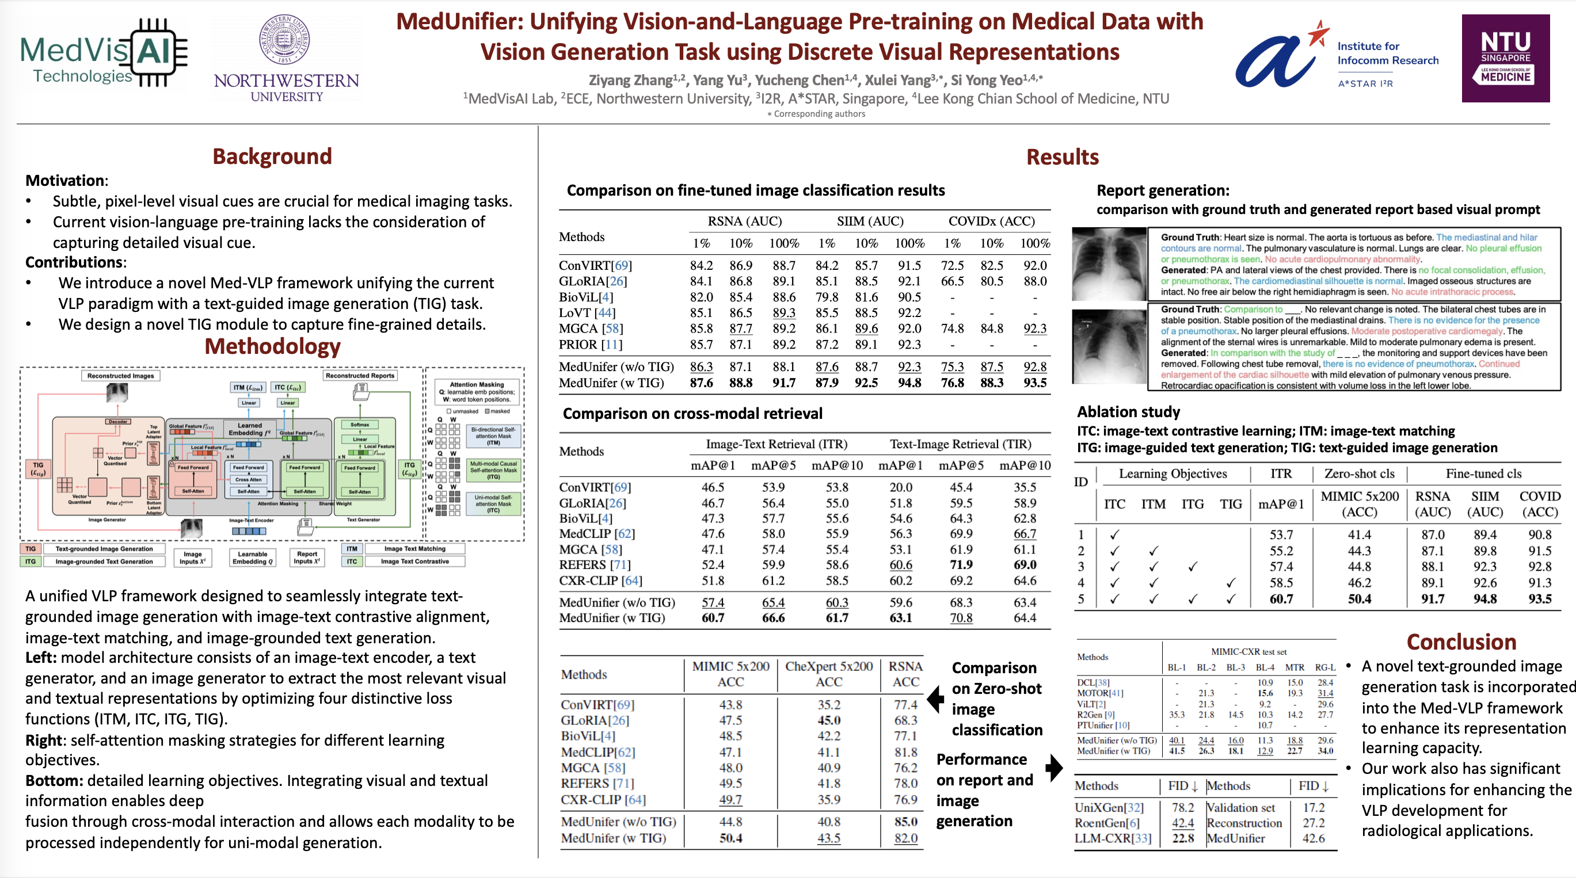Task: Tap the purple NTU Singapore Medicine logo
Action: coord(1505,58)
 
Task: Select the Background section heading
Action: coord(272,156)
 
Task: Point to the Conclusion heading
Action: coord(1461,642)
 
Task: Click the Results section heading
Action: coord(1062,156)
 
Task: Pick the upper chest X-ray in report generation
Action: coord(1109,264)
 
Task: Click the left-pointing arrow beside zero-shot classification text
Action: coord(935,698)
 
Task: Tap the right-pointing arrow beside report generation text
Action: coord(1053,768)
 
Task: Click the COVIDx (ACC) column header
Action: coord(991,222)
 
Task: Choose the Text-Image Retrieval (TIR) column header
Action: coord(960,444)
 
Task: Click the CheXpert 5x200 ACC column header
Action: coord(828,674)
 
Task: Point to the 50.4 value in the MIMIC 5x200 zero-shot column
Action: coord(730,838)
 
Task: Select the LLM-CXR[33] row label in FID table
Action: coord(1112,838)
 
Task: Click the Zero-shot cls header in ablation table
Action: coord(1359,474)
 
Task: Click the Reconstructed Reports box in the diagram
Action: coord(360,375)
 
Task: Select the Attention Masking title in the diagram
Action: coord(477,384)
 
